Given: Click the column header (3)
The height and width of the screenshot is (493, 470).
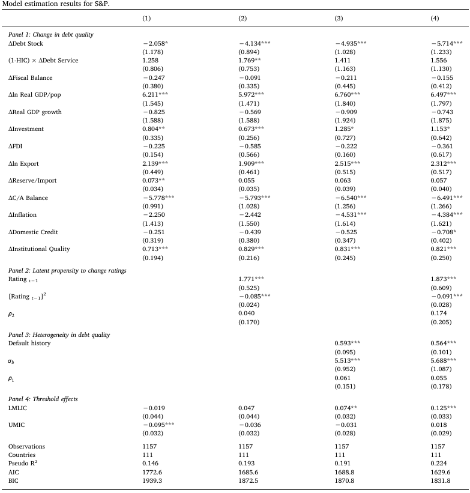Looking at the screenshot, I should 339,19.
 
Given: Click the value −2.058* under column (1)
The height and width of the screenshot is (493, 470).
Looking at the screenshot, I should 155,44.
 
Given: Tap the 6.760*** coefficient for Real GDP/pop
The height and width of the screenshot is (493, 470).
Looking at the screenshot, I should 350,95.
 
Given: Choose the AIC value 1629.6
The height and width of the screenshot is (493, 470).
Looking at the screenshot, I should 441,471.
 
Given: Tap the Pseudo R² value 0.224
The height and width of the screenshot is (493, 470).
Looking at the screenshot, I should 439,463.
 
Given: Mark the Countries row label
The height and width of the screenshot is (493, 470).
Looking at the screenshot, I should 23,455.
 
